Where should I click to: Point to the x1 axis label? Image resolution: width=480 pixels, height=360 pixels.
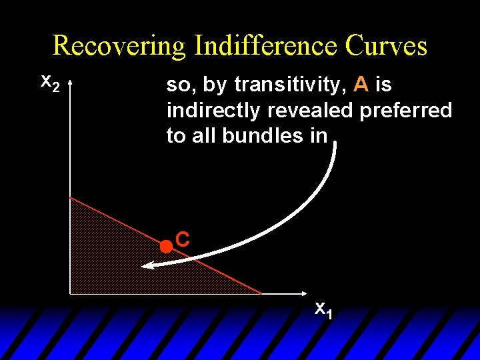323,309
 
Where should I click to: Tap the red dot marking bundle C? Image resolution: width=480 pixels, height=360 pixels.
165,246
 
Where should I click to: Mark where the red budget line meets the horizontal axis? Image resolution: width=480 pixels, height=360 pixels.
261,293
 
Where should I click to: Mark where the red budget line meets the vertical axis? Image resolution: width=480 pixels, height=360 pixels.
70,197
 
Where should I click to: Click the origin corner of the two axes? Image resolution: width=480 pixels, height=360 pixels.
70,293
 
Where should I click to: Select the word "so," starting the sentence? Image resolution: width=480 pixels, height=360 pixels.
177,85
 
